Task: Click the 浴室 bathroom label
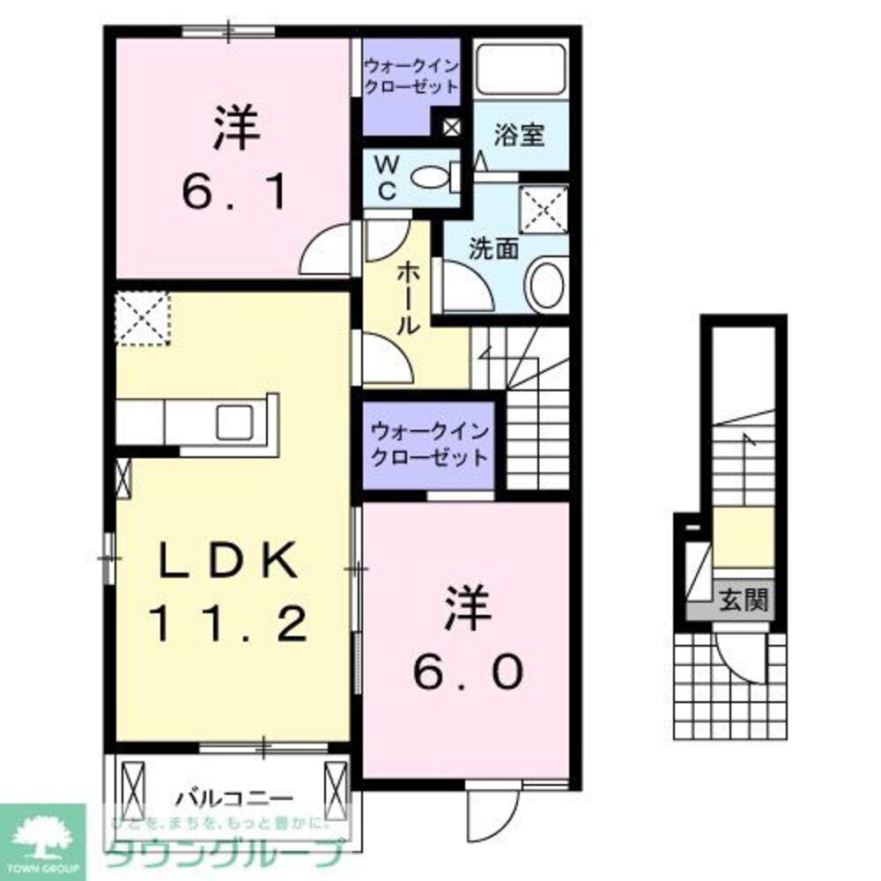(x=519, y=136)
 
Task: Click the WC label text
(x=388, y=177)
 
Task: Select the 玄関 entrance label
(x=745, y=601)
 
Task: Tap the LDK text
(x=226, y=559)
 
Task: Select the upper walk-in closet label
(x=411, y=76)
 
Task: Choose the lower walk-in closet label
(x=428, y=444)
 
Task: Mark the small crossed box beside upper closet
(x=450, y=127)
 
